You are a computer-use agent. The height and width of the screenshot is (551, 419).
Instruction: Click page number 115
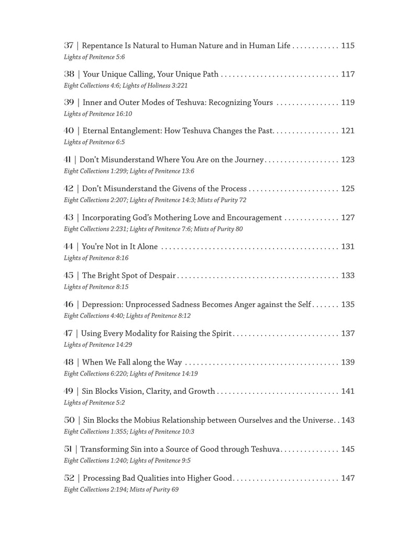(348, 46)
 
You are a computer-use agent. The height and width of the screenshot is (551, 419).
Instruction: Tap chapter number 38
(69, 74)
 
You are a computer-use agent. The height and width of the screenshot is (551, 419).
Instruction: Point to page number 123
(348, 159)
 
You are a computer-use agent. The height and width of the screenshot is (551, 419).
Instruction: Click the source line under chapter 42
(155, 200)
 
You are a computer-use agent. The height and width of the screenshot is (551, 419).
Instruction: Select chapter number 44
(69, 246)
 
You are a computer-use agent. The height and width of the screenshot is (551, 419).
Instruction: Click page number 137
(348, 333)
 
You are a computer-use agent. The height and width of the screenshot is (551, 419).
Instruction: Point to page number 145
(348, 449)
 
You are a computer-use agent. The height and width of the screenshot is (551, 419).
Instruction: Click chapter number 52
(69, 478)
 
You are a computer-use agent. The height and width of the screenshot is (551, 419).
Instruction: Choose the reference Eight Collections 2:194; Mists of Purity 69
(118, 489)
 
